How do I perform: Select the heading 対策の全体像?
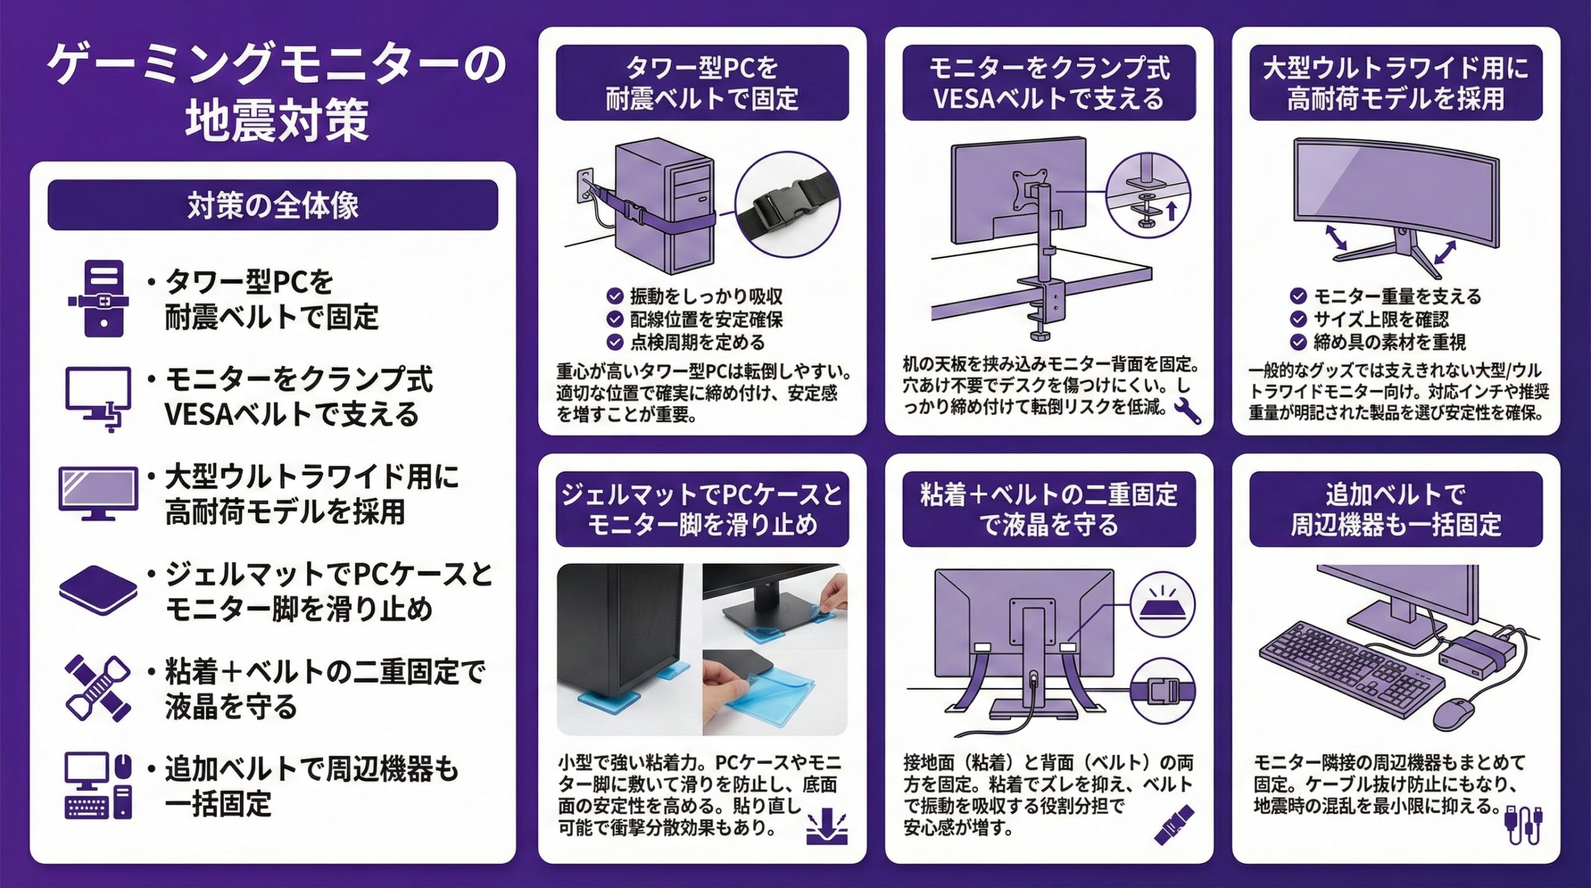[273, 206]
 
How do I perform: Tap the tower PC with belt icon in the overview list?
[99, 299]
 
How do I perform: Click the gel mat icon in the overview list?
[98, 591]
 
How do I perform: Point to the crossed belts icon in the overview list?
[98, 688]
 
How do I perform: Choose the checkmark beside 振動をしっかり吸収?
[615, 296]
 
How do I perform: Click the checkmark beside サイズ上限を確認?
[1298, 319]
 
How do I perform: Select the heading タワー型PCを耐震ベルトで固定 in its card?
[702, 83]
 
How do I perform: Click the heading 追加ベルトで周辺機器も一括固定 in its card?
[1396, 510]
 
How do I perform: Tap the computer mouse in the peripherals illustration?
[1456, 714]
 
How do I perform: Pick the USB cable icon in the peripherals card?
[1523, 823]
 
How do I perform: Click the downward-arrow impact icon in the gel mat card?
[827, 827]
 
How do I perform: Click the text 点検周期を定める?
[697, 342]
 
